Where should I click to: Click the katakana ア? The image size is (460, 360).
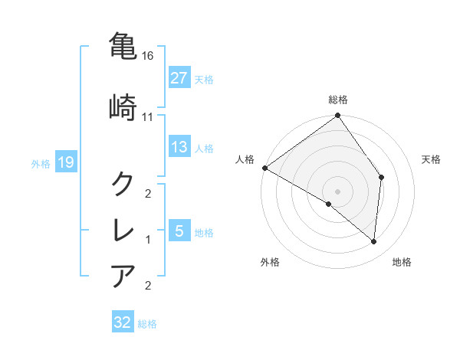click(x=123, y=275)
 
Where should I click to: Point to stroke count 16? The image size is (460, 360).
click(x=149, y=57)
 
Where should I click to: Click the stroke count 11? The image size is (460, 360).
click(x=148, y=117)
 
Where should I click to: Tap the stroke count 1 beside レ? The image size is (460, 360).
click(x=148, y=240)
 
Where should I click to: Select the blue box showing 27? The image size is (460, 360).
click(x=179, y=78)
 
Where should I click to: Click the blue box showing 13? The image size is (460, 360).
click(x=179, y=147)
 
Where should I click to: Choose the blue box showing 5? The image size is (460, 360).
click(x=179, y=231)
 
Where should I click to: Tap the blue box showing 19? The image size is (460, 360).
click(x=65, y=162)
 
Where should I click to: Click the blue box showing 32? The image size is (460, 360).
click(x=123, y=322)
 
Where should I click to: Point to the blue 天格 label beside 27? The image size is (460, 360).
click(x=204, y=79)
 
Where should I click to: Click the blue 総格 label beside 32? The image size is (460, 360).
click(x=147, y=324)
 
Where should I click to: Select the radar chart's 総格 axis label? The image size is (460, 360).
click(x=338, y=100)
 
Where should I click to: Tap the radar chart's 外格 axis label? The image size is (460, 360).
click(x=270, y=262)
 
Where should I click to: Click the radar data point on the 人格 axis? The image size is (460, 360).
click(x=264, y=168)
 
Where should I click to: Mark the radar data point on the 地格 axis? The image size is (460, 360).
click(x=374, y=242)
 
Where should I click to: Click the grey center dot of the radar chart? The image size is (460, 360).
click(x=338, y=191)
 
